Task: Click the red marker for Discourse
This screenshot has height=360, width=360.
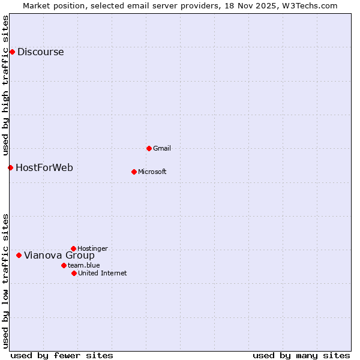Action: point(12,52)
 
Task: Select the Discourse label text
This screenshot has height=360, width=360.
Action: point(40,52)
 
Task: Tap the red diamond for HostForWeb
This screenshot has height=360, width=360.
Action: point(10,167)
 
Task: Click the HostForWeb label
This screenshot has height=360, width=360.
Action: point(44,167)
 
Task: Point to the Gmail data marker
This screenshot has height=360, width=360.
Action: point(149,148)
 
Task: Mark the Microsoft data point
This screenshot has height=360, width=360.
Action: point(134,172)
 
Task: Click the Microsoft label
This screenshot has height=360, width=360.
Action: point(152,172)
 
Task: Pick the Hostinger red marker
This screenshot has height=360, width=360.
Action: point(73,248)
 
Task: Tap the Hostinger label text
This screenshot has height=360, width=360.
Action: point(92,248)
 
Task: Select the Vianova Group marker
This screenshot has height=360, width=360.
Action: point(19,255)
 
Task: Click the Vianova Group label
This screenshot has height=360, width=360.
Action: point(59,255)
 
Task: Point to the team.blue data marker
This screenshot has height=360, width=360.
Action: point(64,265)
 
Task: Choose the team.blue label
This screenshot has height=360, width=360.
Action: point(83,265)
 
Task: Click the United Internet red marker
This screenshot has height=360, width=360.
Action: point(74,273)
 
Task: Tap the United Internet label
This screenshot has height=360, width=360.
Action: point(102,273)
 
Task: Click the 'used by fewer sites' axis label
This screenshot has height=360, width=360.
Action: point(62,355)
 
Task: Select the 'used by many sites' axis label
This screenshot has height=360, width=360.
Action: point(301,355)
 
